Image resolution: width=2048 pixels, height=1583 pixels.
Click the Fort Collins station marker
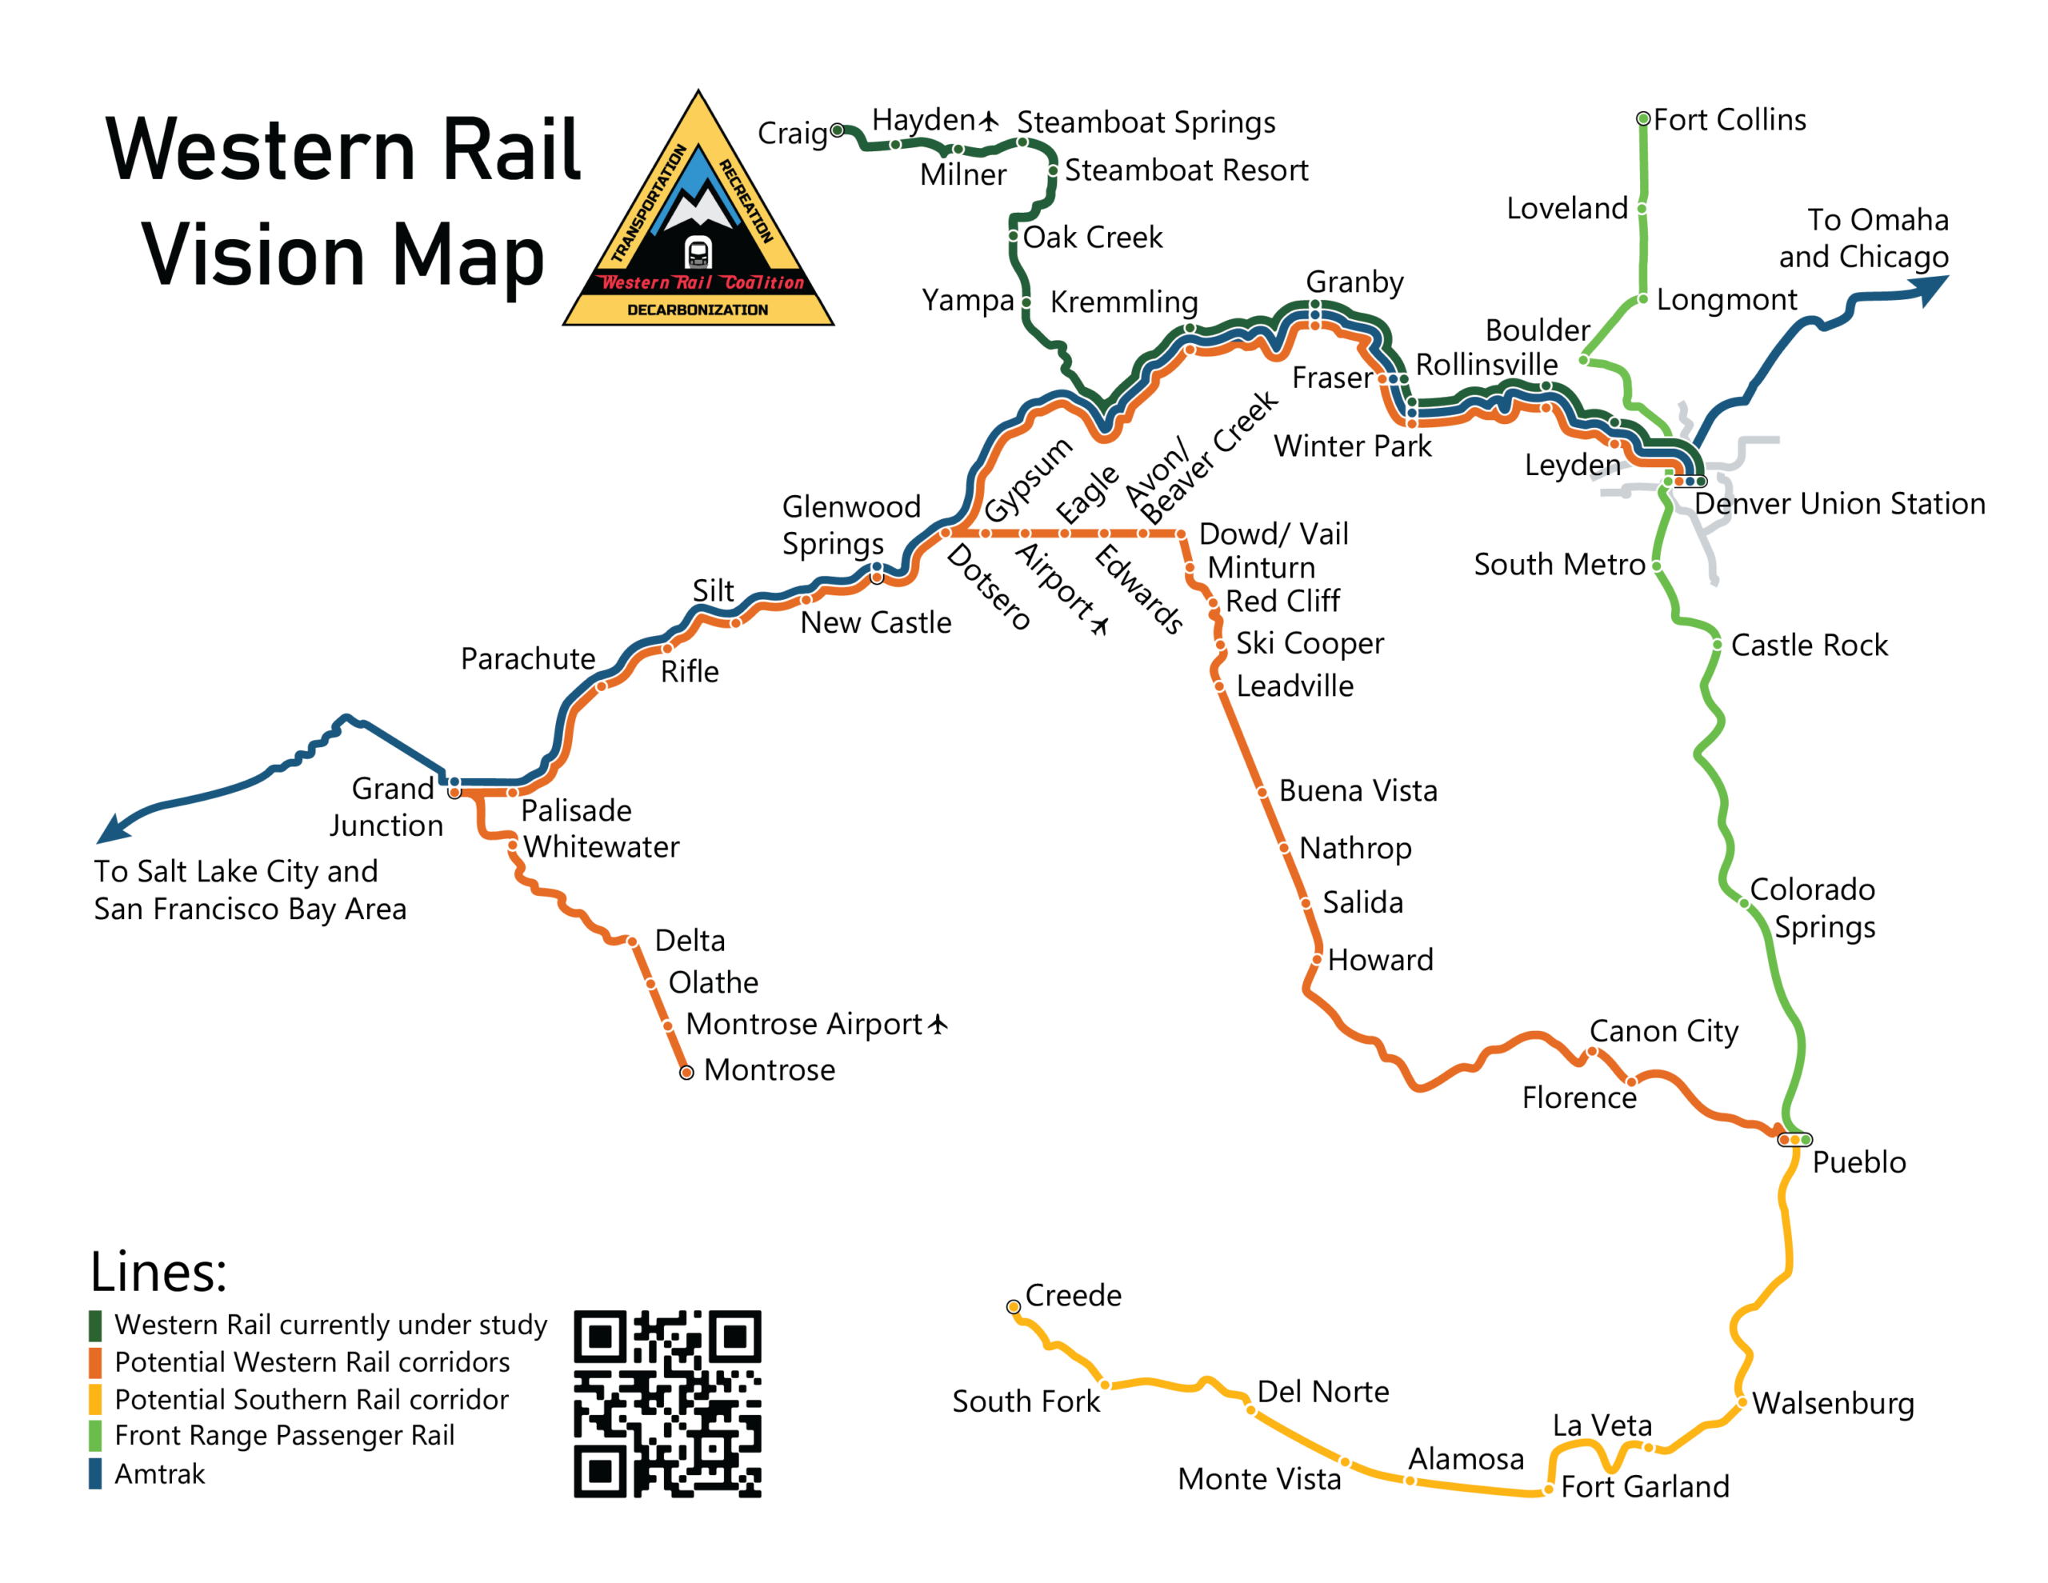click(x=1643, y=119)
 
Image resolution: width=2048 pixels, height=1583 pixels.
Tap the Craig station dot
click(x=837, y=130)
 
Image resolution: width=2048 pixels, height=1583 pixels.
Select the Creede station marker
click(x=1014, y=1306)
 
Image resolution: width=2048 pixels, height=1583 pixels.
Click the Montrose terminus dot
click(x=686, y=1072)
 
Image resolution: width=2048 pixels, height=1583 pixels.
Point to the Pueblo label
click(x=1858, y=1163)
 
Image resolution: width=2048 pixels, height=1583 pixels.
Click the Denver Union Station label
click(x=1839, y=504)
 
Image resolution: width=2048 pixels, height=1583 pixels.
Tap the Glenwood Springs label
click(x=850, y=526)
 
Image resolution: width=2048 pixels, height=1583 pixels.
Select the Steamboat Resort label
click(x=1186, y=170)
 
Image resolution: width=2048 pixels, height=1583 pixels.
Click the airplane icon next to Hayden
click(x=990, y=121)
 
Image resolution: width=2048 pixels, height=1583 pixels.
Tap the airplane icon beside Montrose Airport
click(x=938, y=1024)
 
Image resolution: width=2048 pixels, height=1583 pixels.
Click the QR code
click(x=668, y=1404)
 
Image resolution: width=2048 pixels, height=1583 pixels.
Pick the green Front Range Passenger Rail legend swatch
click(x=94, y=1436)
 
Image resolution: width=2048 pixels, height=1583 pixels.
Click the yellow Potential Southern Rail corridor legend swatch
click(x=94, y=1399)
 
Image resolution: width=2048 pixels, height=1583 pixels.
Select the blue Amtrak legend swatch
click(x=94, y=1473)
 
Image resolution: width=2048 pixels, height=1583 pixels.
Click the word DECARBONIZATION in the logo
click(x=697, y=310)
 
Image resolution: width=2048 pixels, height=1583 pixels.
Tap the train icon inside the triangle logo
click(x=698, y=252)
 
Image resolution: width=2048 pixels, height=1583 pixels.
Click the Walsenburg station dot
click(x=1742, y=1403)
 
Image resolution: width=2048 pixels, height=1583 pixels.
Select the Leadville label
click(x=1294, y=686)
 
